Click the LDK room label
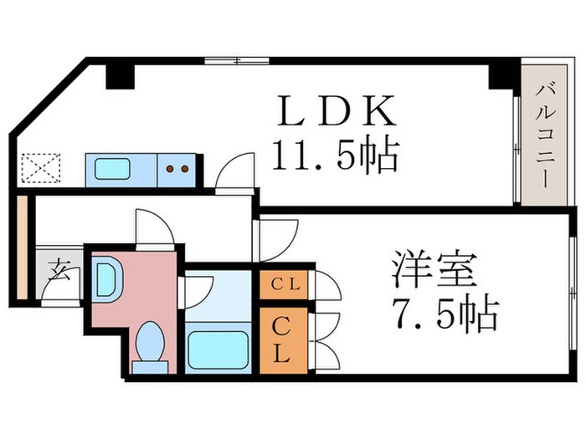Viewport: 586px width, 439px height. pyautogui.click(x=333, y=111)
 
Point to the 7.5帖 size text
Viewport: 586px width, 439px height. pyautogui.click(x=444, y=315)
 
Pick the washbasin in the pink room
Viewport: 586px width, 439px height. pyautogui.click(x=107, y=279)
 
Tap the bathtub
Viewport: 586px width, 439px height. pyautogui.click(x=218, y=350)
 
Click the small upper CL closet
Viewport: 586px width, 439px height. pyautogui.click(x=283, y=284)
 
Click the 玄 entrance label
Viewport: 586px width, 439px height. pyautogui.click(x=58, y=269)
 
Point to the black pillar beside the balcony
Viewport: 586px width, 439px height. pyautogui.click(x=502, y=74)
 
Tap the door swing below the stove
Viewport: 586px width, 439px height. pyautogui.click(x=235, y=173)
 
